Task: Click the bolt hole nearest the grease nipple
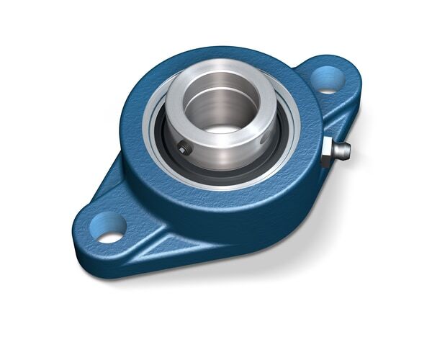[328, 79]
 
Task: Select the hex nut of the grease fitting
[328, 150]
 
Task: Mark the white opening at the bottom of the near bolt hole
[110, 235]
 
